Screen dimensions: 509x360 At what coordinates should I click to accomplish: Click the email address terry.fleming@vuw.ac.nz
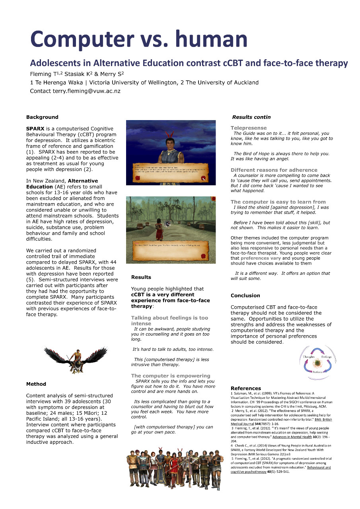[x=86, y=91]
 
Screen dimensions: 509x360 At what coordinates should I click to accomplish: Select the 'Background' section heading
[x=42, y=117]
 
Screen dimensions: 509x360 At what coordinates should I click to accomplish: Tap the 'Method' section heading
[x=36, y=384]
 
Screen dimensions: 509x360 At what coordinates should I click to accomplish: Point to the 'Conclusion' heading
[x=245, y=295]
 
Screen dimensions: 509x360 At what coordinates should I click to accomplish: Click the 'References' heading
[x=246, y=388]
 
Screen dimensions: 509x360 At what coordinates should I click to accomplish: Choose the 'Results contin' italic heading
[x=251, y=117]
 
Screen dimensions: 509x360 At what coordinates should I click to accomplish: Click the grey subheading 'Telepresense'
[x=249, y=128]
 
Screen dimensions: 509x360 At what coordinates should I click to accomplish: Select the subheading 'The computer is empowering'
[x=171, y=376]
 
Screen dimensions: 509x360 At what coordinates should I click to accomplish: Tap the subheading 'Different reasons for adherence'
[x=274, y=170]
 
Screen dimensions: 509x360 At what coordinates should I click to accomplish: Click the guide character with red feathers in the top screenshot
[x=171, y=147]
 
